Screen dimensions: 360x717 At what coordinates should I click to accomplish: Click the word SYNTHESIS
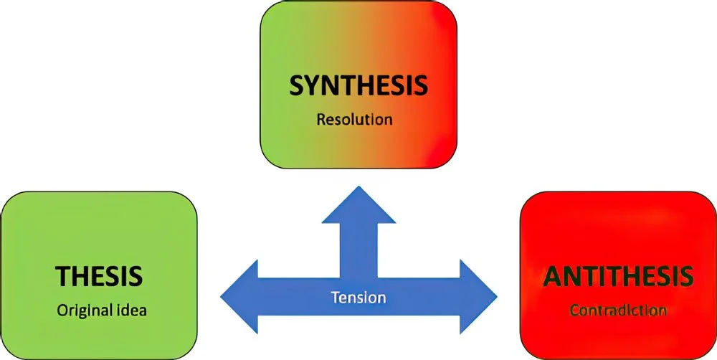pyautogui.click(x=358, y=85)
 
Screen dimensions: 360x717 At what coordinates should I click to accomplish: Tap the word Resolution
pyautogui.click(x=354, y=118)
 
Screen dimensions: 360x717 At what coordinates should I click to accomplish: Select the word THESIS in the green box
pyautogui.click(x=99, y=276)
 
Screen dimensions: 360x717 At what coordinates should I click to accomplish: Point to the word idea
pyautogui.click(x=130, y=311)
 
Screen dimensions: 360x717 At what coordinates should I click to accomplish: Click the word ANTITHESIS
pyautogui.click(x=618, y=275)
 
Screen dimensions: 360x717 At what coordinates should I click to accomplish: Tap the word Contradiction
pyautogui.click(x=618, y=311)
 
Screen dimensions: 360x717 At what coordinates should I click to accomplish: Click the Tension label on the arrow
pyautogui.click(x=358, y=296)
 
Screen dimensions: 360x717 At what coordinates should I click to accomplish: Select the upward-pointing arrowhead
pyautogui.click(x=358, y=204)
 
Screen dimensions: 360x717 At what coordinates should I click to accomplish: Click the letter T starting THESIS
pyautogui.click(x=62, y=276)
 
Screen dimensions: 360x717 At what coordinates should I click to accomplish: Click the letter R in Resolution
pyautogui.click(x=320, y=118)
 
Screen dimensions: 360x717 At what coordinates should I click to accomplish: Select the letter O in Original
pyautogui.click(x=62, y=311)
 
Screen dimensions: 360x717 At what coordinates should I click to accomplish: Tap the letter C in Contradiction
pyautogui.click(x=574, y=311)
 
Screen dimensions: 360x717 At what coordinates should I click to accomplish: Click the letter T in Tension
pyautogui.click(x=333, y=296)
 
